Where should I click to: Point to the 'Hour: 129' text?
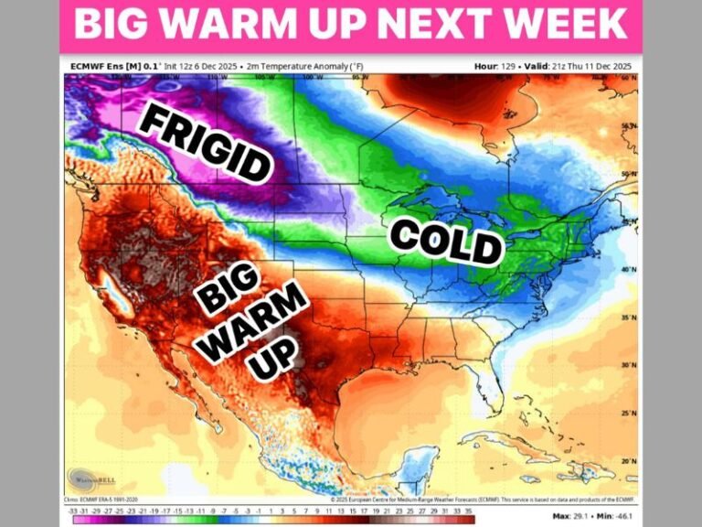(x=495, y=67)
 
